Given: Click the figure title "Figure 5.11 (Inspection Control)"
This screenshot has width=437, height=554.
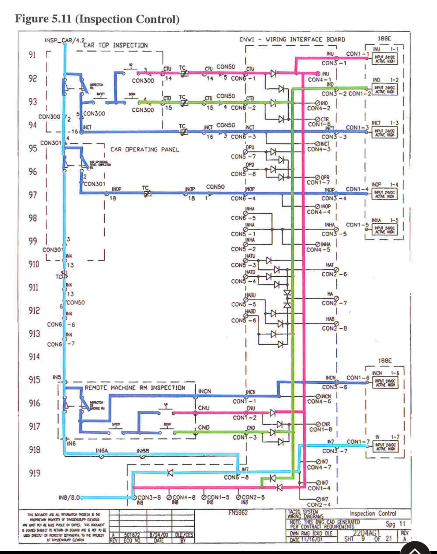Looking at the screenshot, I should tap(97, 19).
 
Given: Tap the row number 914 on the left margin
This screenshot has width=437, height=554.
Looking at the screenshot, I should tap(34, 357).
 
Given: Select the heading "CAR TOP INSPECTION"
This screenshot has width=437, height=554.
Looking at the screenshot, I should tap(116, 45).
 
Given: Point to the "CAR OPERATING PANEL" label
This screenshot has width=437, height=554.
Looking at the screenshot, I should tap(145, 149).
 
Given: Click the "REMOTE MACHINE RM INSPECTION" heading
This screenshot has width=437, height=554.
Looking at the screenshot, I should tap(135, 388).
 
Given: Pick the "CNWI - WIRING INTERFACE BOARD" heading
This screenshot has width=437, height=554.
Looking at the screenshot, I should tap(292, 39).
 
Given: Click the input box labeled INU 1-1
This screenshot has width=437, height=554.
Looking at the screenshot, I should tap(384, 59).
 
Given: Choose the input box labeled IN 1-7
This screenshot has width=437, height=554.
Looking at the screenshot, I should tap(384, 446).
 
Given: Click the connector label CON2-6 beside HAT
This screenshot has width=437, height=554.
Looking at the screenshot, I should tap(334, 274).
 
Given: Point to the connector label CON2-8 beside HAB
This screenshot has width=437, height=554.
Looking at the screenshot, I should tap(334, 328).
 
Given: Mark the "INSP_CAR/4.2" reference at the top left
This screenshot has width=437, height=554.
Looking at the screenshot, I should tap(65, 40).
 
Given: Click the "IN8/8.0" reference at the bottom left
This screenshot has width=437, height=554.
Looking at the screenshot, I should tap(69, 497).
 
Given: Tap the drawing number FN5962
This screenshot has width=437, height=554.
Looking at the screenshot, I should tap(238, 513).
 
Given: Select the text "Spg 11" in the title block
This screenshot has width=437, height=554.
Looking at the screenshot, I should tap(395, 524).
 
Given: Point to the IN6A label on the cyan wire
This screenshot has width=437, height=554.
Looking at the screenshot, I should tap(102, 451).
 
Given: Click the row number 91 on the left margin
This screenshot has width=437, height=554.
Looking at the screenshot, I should tap(32, 55).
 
